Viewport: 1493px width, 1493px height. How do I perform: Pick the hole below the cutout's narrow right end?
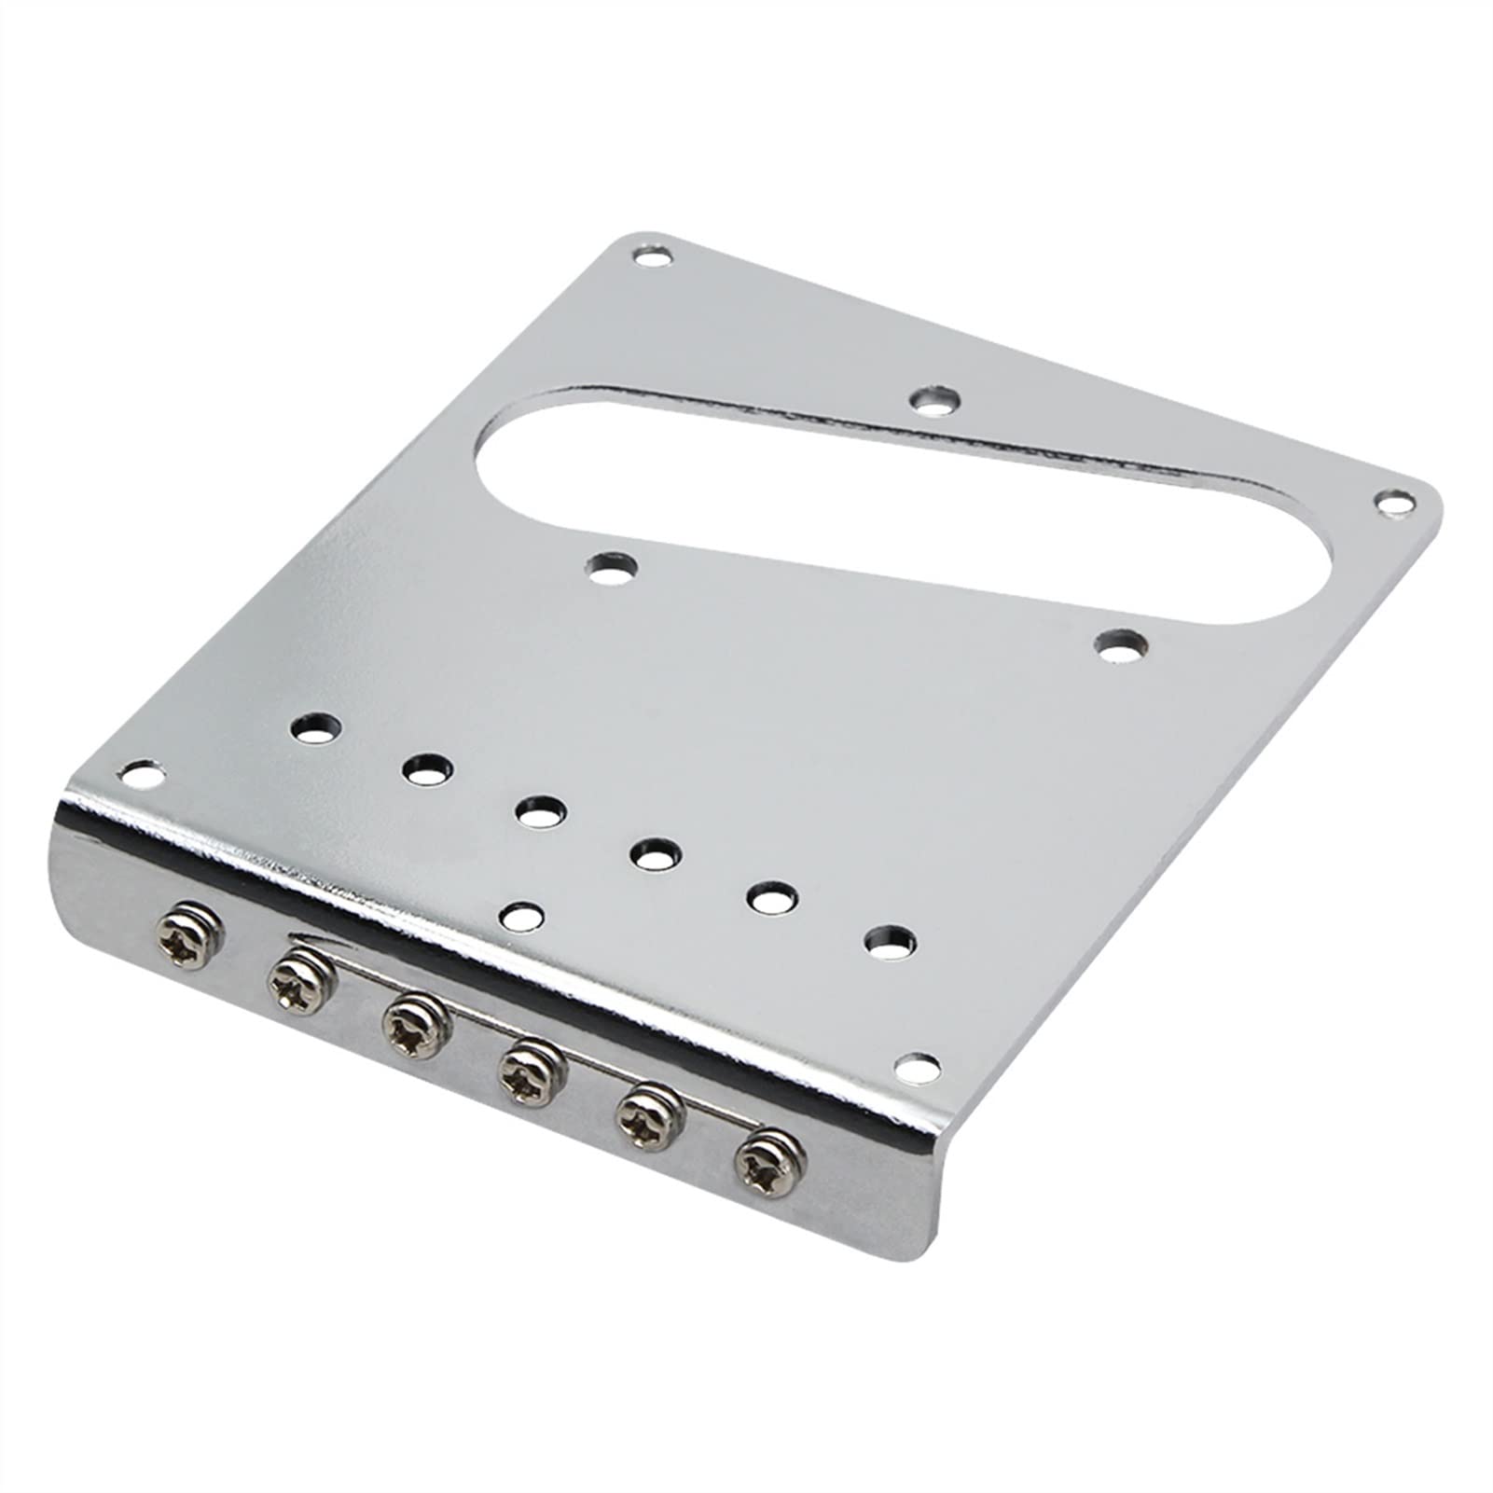point(1120,644)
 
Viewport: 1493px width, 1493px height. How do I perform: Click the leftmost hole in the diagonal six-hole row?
point(313,726)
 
